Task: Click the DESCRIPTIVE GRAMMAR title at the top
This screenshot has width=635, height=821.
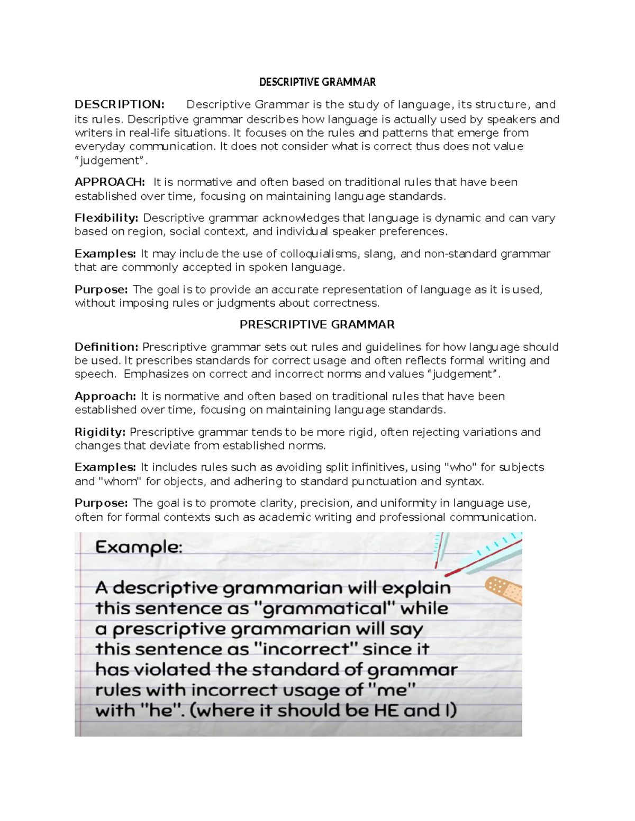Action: click(x=317, y=82)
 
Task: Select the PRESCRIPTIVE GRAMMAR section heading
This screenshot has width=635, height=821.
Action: click(x=317, y=325)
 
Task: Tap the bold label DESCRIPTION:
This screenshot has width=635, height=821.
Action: click(x=120, y=105)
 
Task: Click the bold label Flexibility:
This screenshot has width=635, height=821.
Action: click(x=106, y=218)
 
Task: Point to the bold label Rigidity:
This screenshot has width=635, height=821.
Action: click(x=100, y=432)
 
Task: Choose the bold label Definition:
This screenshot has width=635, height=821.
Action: click(x=106, y=347)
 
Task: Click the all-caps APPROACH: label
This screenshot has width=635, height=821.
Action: click(x=110, y=182)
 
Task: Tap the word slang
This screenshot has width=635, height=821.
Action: click(x=379, y=254)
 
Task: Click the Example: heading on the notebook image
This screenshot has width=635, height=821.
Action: click(x=139, y=547)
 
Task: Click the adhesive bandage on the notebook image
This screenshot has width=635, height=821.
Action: click(x=503, y=588)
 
